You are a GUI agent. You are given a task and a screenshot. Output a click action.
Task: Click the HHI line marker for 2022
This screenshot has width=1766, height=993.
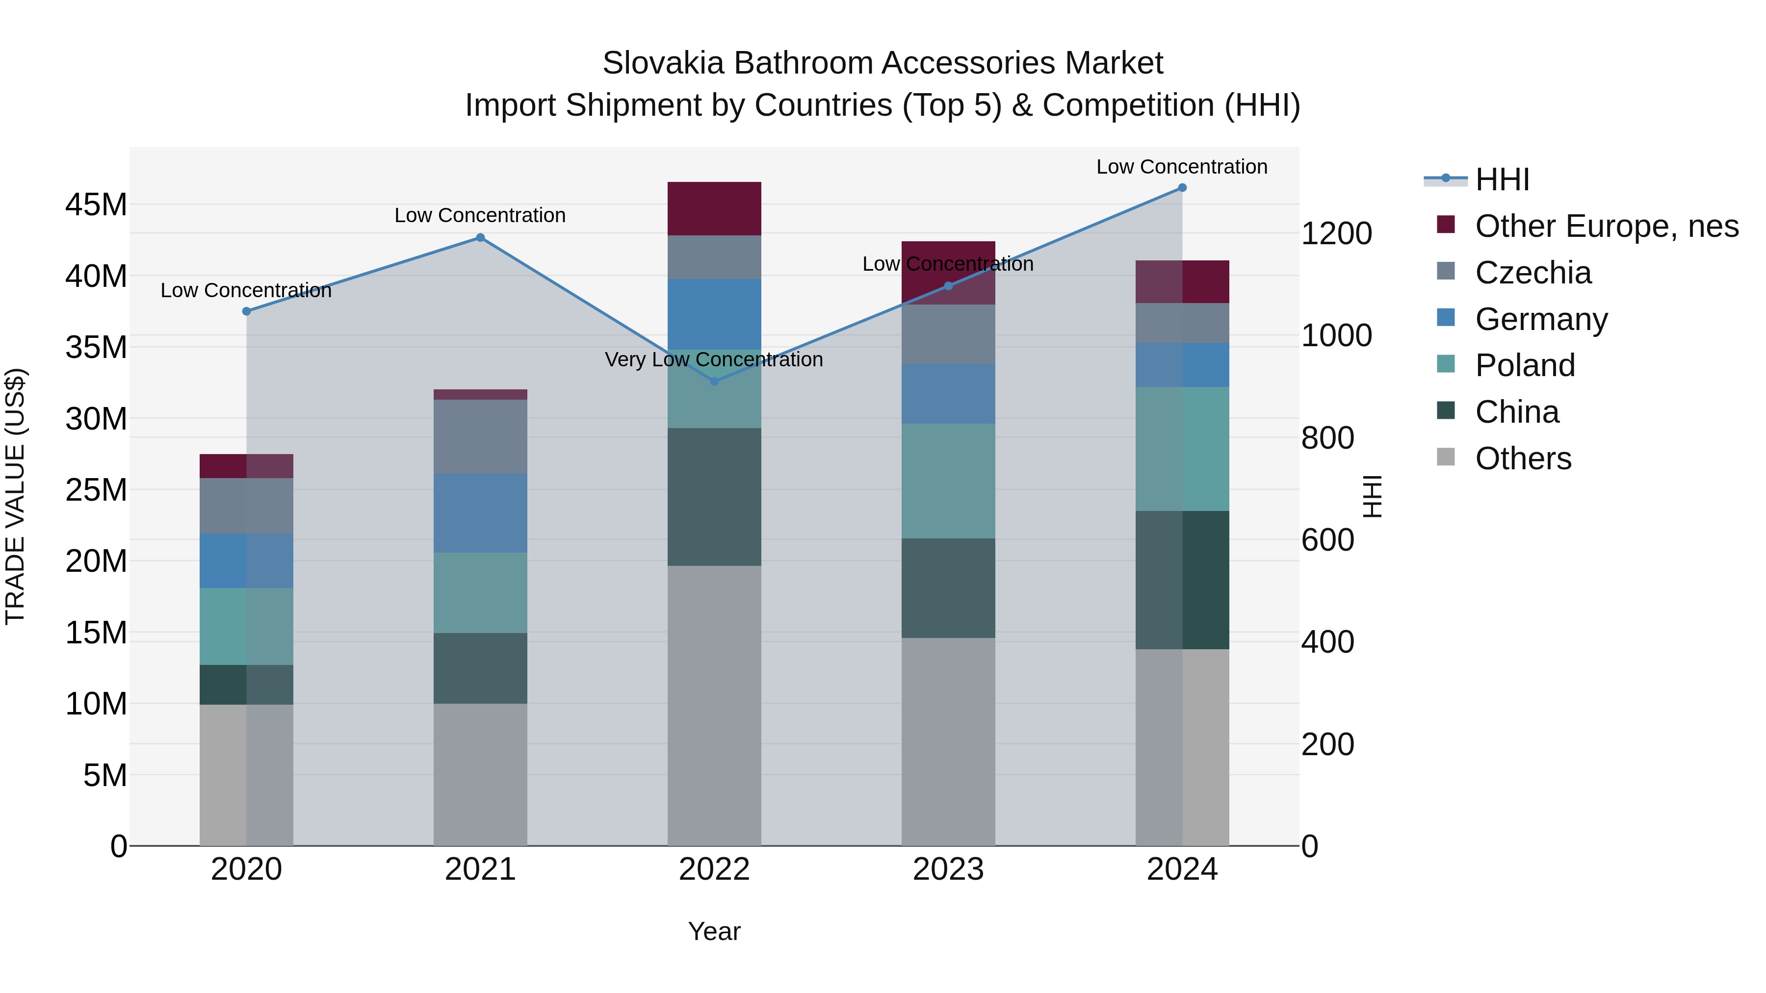tap(714, 381)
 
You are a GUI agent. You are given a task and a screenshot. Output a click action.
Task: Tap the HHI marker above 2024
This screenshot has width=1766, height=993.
tap(1182, 188)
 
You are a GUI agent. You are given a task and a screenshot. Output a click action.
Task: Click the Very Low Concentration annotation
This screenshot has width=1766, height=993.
tap(714, 360)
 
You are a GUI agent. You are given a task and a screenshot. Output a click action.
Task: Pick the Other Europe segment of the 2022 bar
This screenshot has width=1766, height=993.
tap(714, 209)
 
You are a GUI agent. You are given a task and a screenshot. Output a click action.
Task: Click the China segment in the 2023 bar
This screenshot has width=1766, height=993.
tap(948, 588)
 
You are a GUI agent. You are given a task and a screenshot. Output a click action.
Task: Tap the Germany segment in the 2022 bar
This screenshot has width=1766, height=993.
tap(714, 314)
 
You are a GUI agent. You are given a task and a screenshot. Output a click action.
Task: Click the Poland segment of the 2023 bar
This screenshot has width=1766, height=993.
tap(948, 481)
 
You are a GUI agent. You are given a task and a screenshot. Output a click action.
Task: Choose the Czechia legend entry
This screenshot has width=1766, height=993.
tap(1533, 273)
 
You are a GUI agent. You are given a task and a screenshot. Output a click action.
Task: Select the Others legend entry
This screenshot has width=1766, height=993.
tap(1523, 458)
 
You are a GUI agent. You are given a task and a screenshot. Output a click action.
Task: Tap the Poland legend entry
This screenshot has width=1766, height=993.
tap(1525, 365)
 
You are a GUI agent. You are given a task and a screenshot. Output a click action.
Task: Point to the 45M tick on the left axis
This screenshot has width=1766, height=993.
tap(96, 205)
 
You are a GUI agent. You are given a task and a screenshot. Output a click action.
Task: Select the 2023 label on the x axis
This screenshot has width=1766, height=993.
tap(948, 869)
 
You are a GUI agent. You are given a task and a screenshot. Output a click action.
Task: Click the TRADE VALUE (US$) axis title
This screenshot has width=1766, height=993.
tap(15, 496)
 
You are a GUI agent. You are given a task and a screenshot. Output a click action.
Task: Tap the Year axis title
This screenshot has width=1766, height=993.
tap(714, 931)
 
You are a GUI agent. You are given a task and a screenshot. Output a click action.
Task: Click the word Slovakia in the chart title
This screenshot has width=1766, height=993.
tap(662, 63)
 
